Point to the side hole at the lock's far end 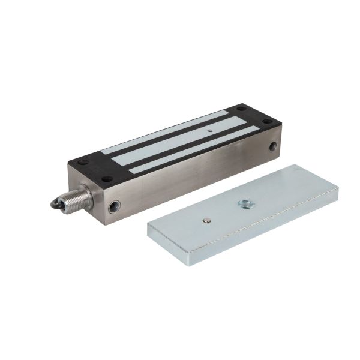[x=274, y=145]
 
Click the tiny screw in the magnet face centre [x=209, y=128]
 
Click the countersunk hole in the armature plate [x=243, y=203]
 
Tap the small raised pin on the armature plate [x=207, y=220]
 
